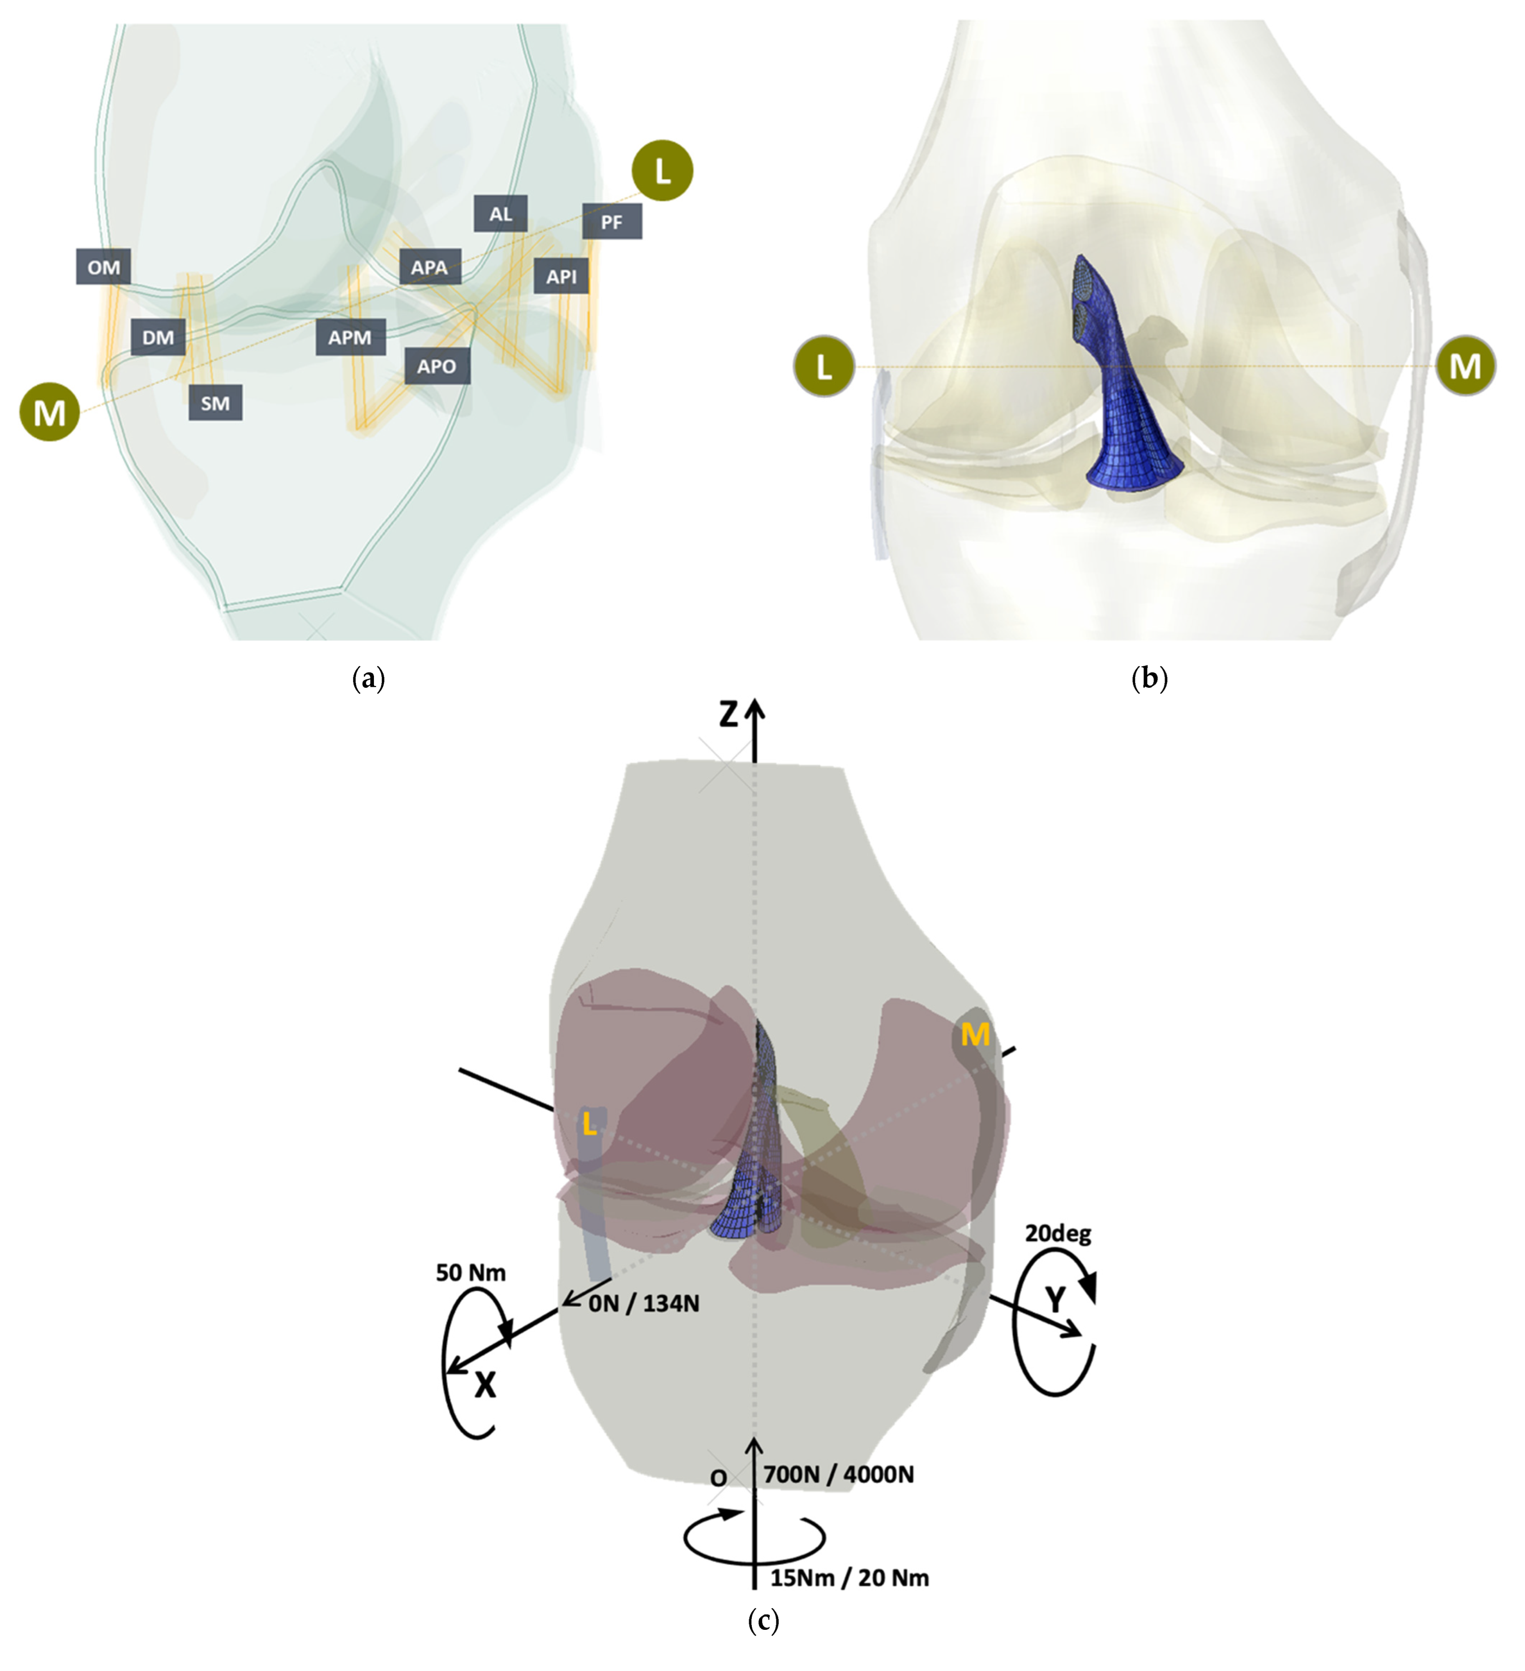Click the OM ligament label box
(103, 267)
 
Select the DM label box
(158, 337)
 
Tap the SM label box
(215, 404)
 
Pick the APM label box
(350, 337)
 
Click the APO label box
(437, 366)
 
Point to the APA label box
(429, 267)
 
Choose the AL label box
(501, 214)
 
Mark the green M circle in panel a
(50, 411)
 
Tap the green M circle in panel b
(1465, 365)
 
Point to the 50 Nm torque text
(471, 1273)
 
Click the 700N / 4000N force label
(838, 1474)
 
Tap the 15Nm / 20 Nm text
(849, 1577)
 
